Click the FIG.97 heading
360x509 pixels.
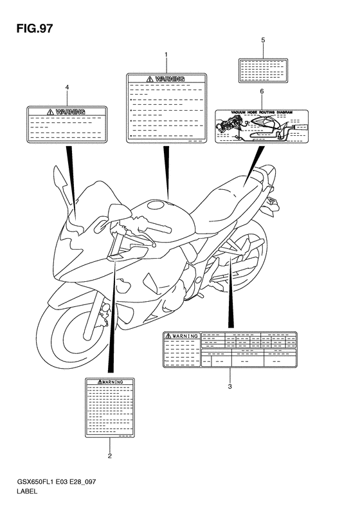coord(31,29)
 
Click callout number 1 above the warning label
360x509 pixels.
coord(166,55)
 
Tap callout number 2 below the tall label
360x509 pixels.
coord(110,456)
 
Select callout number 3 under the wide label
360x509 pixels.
coord(230,387)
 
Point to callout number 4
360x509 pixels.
coord(67,87)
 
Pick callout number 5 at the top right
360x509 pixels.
coord(262,40)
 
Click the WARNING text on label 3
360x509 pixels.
coord(182,336)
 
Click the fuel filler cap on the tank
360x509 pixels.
coord(155,206)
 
